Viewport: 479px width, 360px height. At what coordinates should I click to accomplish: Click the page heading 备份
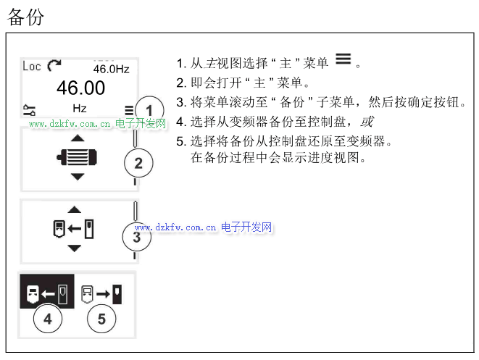click(25, 17)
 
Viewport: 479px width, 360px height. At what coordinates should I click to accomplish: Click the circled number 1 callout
click(149, 110)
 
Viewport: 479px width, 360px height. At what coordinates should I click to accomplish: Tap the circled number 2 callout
click(138, 163)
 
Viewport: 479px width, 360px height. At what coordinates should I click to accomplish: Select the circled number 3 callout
click(136, 237)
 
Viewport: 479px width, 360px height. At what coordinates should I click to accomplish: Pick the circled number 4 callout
click(48, 319)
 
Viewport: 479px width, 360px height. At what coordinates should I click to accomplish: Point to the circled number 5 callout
click(101, 319)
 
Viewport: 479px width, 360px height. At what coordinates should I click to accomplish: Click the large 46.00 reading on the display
click(80, 88)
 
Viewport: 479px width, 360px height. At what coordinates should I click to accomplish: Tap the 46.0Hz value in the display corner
click(111, 69)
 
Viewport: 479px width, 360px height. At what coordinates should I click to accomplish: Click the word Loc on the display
click(32, 66)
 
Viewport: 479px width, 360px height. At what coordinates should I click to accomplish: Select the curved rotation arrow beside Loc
click(54, 65)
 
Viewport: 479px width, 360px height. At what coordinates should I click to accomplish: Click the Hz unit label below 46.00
click(80, 109)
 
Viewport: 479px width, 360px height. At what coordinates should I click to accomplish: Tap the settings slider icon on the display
click(29, 110)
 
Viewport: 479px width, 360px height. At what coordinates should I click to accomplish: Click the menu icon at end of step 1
click(343, 59)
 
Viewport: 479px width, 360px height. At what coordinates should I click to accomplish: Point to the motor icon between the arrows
click(77, 157)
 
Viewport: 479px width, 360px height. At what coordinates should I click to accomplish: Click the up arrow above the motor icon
click(78, 138)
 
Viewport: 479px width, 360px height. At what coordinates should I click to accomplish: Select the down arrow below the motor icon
click(78, 177)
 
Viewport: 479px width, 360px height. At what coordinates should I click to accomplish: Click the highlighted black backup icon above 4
click(47, 291)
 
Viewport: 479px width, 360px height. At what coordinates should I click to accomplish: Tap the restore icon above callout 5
click(101, 294)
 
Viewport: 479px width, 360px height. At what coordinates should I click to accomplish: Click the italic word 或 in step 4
click(367, 122)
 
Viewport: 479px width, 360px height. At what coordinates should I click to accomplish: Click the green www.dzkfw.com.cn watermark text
click(70, 124)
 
